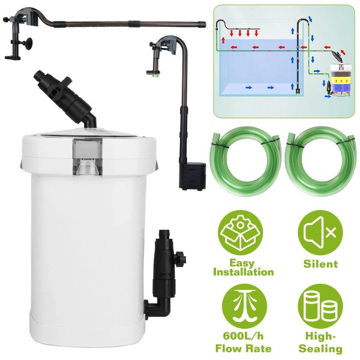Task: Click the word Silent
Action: pos(320,263)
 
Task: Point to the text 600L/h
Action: pos(243,337)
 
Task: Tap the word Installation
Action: pos(243,272)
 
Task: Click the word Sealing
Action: pos(327,349)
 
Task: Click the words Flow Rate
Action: pos(243,349)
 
